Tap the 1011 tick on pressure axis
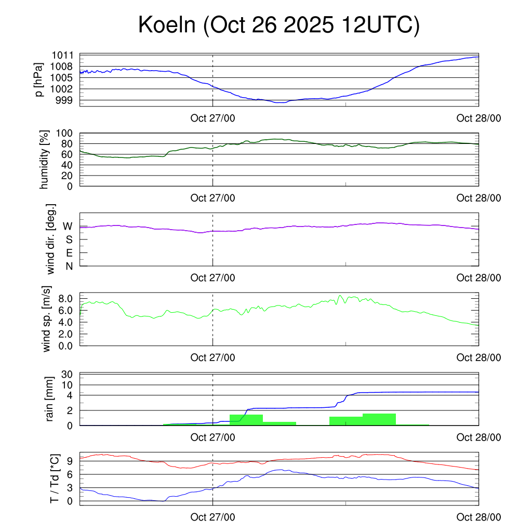click(x=62, y=55)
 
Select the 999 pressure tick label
click(x=65, y=100)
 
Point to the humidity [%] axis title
click(x=45, y=159)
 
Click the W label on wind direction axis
click(x=68, y=226)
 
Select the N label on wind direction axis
click(x=69, y=266)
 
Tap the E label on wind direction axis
click(x=69, y=252)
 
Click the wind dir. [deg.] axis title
click(x=51, y=239)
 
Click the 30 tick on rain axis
click(x=67, y=374)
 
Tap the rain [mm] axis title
click(x=50, y=399)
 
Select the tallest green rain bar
click(x=379, y=419)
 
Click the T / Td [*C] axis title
click(x=54, y=478)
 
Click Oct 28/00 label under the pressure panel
click(x=478, y=118)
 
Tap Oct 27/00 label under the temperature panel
click(x=212, y=517)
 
